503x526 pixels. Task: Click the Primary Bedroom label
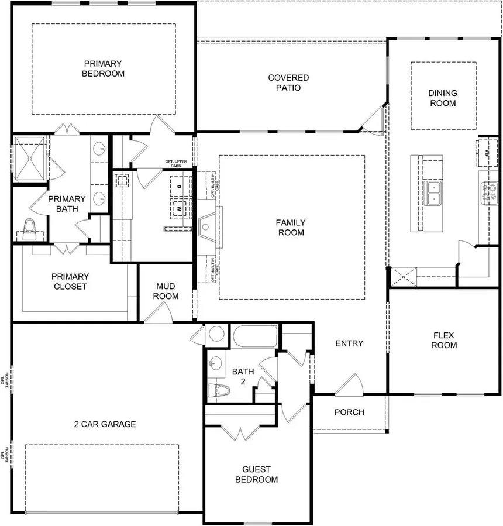(x=103, y=68)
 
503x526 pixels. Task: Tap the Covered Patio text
(x=288, y=82)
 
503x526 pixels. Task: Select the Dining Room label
(x=443, y=98)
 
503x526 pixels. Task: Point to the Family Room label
(x=291, y=228)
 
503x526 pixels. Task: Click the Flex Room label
(x=445, y=340)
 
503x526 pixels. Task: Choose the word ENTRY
(x=349, y=343)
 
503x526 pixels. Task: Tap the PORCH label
(x=349, y=412)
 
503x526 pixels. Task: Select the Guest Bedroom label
(x=256, y=475)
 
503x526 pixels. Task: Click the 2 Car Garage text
(x=105, y=424)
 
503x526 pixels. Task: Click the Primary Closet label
(x=70, y=281)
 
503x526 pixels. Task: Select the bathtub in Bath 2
(x=254, y=336)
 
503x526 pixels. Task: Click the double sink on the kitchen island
(x=434, y=192)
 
